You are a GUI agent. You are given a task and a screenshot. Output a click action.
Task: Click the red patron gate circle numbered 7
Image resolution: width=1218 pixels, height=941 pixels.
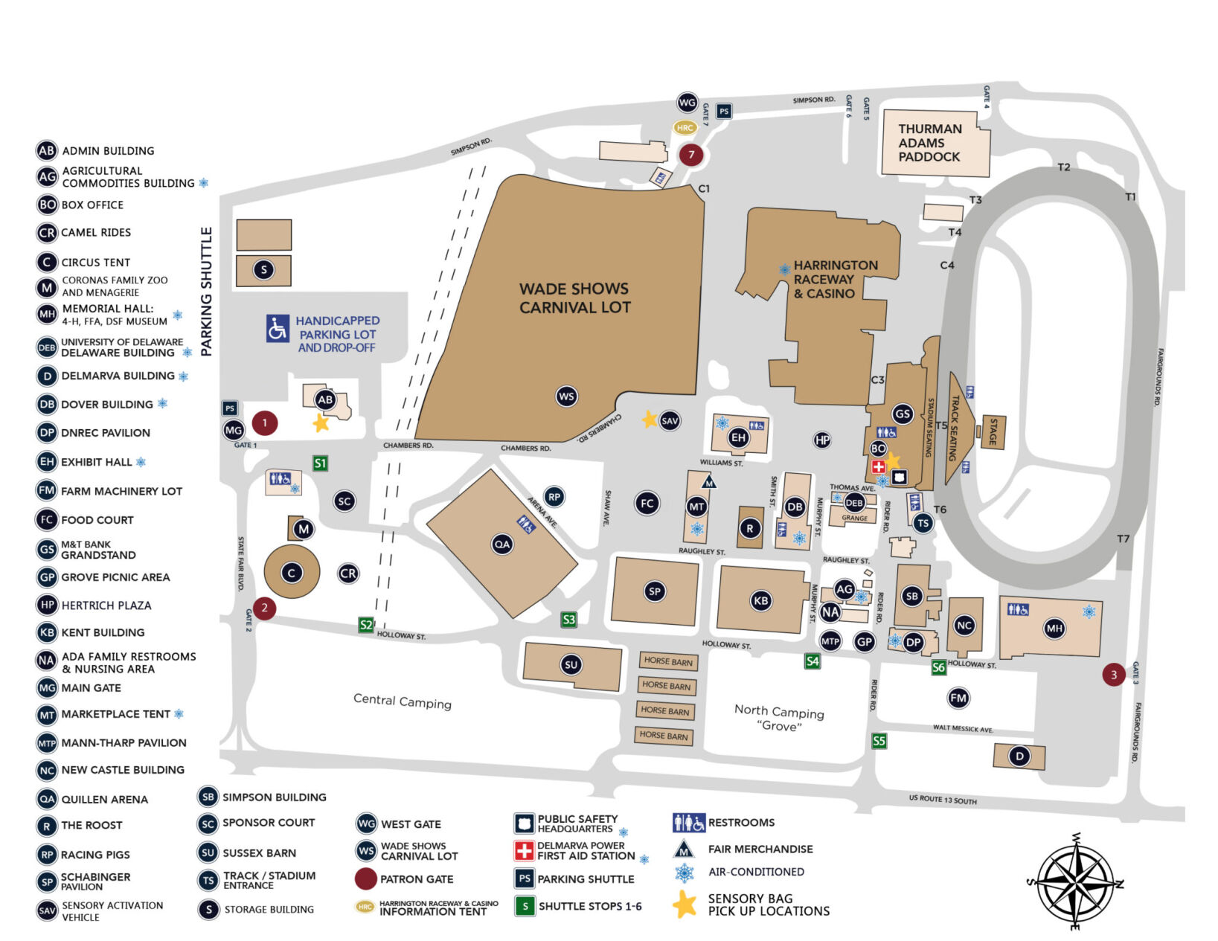click(691, 155)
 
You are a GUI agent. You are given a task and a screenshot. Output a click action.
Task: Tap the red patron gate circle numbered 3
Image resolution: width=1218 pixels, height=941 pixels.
click(1113, 675)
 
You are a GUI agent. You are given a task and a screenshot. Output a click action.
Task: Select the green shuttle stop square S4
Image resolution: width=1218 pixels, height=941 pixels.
click(812, 661)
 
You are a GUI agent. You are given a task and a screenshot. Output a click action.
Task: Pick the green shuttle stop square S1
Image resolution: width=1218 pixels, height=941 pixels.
click(320, 463)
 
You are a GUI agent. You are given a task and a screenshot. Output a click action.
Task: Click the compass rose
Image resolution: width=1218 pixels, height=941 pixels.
click(1076, 882)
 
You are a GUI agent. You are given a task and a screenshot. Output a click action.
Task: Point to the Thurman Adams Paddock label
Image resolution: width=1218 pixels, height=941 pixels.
click(929, 143)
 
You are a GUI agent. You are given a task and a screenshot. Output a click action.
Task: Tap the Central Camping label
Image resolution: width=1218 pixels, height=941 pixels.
click(402, 701)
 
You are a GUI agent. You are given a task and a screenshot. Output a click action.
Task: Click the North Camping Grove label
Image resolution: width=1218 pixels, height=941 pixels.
click(779, 718)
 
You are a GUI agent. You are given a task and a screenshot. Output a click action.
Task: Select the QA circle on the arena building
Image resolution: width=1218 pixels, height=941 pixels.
click(502, 545)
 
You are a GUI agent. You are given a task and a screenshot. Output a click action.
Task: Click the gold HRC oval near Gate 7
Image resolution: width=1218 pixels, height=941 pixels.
click(685, 127)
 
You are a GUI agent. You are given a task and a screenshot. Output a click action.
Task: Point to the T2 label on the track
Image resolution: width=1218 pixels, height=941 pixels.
click(1063, 167)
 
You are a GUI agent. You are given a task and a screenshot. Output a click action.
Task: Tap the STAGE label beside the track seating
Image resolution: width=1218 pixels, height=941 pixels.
click(993, 432)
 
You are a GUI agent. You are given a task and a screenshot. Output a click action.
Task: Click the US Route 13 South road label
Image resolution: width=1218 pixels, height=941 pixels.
click(942, 800)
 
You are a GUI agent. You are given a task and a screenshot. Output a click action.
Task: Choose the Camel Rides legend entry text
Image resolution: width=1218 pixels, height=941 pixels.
click(96, 233)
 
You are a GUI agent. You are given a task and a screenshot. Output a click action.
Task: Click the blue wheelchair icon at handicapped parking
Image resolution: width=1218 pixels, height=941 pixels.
click(278, 328)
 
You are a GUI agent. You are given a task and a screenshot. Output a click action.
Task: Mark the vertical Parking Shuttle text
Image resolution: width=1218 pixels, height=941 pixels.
click(206, 291)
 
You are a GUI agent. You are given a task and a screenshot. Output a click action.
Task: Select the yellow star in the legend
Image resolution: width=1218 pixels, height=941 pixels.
click(684, 905)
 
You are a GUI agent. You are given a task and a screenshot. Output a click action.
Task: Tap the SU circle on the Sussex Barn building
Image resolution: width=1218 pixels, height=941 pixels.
click(571, 665)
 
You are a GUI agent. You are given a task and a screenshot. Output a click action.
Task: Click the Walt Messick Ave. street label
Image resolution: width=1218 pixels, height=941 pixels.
click(963, 728)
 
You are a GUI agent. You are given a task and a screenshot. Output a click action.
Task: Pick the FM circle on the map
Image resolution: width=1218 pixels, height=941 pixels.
click(958, 698)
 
